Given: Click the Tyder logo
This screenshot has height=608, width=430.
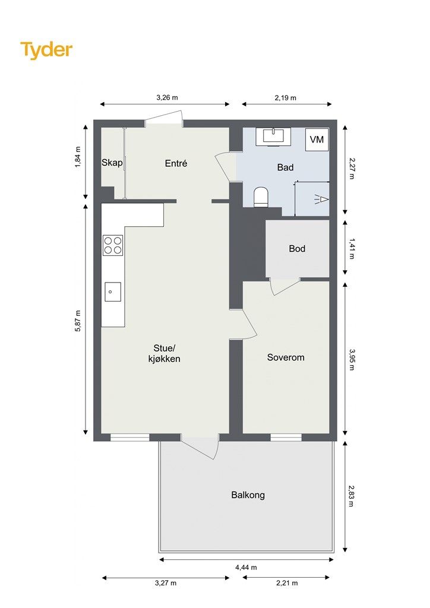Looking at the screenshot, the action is pyautogui.click(x=46, y=50).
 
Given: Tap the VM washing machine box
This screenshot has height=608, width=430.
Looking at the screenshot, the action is pyautogui.click(x=317, y=139).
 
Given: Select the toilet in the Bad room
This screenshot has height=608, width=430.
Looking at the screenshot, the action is pyautogui.click(x=261, y=197).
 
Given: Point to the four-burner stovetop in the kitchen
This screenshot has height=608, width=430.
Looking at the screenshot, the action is pyautogui.click(x=113, y=245).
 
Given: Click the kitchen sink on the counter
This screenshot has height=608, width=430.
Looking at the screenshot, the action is pyautogui.click(x=113, y=292).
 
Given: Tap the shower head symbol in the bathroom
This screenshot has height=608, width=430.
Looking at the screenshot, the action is pyautogui.click(x=321, y=199).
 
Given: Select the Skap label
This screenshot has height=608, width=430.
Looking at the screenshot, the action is pyautogui.click(x=112, y=163).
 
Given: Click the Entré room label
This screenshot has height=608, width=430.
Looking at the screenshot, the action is pyautogui.click(x=176, y=164).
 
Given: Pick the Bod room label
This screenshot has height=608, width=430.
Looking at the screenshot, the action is pyautogui.click(x=297, y=249).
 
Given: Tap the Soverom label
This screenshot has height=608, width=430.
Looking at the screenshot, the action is pyautogui.click(x=286, y=357).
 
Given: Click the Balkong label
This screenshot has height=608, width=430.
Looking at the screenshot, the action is pyautogui.click(x=248, y=495).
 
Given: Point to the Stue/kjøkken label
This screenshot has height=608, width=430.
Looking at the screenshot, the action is pyautogui.click(x=165, y=353).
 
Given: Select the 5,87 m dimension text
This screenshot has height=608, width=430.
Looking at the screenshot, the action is pyautogui.click(x=78, y=321).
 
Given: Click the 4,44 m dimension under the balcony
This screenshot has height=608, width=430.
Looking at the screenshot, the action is pyautogui.click(x=246, y=567).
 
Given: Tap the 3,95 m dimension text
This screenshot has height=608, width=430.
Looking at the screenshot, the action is pyautogui.click(x=352, y=359).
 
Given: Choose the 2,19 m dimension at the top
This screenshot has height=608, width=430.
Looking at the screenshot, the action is pyautogui.click(x=285, y=98).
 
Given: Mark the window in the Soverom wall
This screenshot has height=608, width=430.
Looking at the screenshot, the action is pyautogui.click(x=286, y=438).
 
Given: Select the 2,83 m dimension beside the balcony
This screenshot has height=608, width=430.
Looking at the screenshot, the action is pyautogui.click(x=351, y=496).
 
